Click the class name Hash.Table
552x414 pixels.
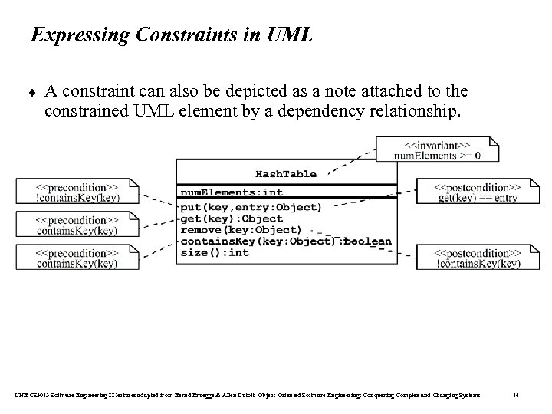285,174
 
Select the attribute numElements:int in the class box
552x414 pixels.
231,192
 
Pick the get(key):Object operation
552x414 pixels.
221,219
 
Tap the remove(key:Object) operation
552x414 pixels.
241,230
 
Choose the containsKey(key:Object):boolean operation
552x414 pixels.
285,242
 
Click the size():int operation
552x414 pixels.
215,253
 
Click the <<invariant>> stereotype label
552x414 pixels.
426,145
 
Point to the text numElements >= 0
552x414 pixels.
437,156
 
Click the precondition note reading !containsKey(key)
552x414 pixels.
77,192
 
